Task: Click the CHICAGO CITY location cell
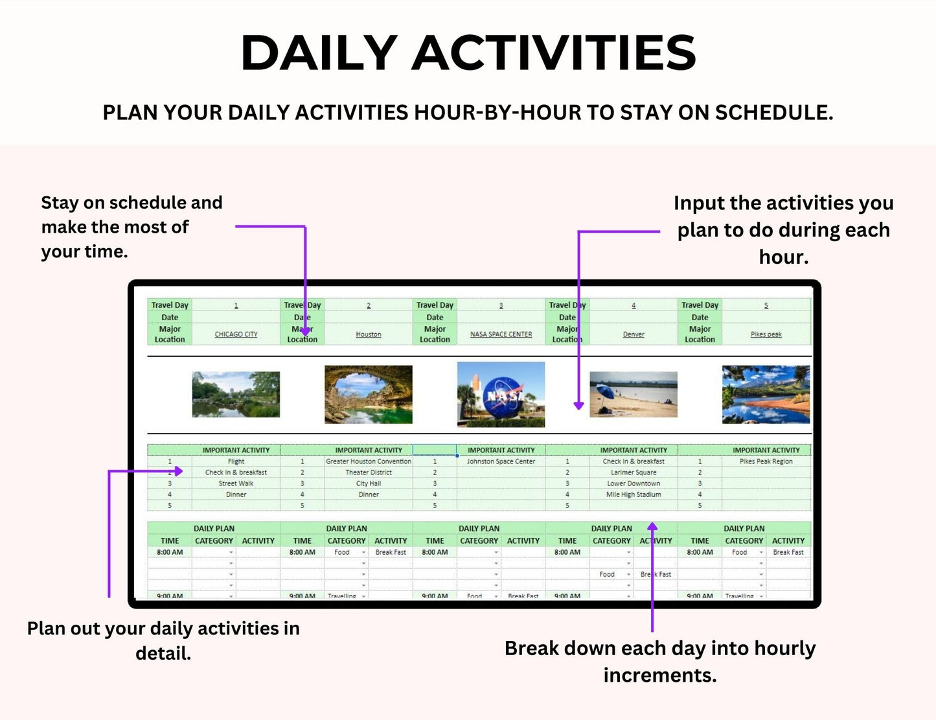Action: [x=236, y=334]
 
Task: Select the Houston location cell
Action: [x=368, y=334]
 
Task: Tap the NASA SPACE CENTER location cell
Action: [x=501, y=334]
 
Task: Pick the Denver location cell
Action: [x=634, y=334]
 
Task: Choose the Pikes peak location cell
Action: [x=766, y=334]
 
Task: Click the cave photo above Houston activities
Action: [x=368, y=395]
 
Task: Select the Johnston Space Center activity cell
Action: [x=501, y=461]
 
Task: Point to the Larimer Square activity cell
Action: [x=634, y=472]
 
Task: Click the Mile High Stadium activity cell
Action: [x=634, y=494]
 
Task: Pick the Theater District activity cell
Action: [x=368, y=472]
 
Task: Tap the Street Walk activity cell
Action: [x=236, y=483]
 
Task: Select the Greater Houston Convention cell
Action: [x=368, y=461]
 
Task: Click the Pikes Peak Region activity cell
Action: [x=766, y=461]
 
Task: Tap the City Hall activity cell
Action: [x=368, y=483]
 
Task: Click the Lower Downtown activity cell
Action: [x=634, y=483]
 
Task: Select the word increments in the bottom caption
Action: [x=659, y=675]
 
